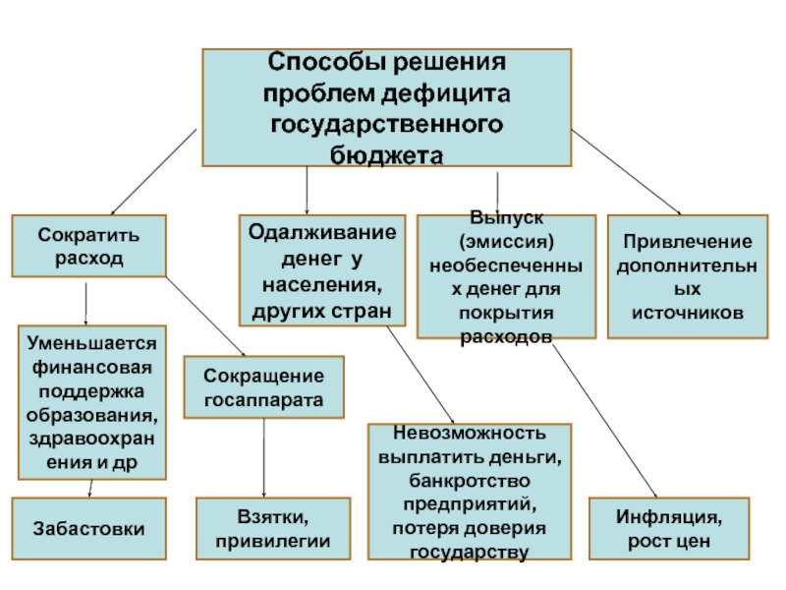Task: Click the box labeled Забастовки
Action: coord(88,528)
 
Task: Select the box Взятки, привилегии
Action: coord(273,528)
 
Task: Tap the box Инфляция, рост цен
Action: coord(669,528)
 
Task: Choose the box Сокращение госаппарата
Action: coord(263,386)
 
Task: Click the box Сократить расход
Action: coord(88,246)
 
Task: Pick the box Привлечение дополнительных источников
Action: coord(688,276)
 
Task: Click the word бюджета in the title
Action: coord(386,155)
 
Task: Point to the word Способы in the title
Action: coord(326,62)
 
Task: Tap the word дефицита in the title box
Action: coord(446,93)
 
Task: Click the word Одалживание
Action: coord(322,232)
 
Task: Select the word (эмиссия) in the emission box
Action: coord(506,242)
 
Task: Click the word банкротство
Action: coord(470,481)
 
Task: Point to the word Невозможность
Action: coord(470,433)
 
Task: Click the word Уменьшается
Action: coord(91,343)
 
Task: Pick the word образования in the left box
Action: coord(91,415)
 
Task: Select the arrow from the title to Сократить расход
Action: coord(153,172)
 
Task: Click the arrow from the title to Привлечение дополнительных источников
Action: coord(626,172)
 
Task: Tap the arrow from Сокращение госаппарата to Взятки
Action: coord(263,457)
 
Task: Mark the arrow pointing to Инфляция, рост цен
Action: coord(605,421)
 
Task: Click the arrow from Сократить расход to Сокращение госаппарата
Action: coord(205,317)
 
